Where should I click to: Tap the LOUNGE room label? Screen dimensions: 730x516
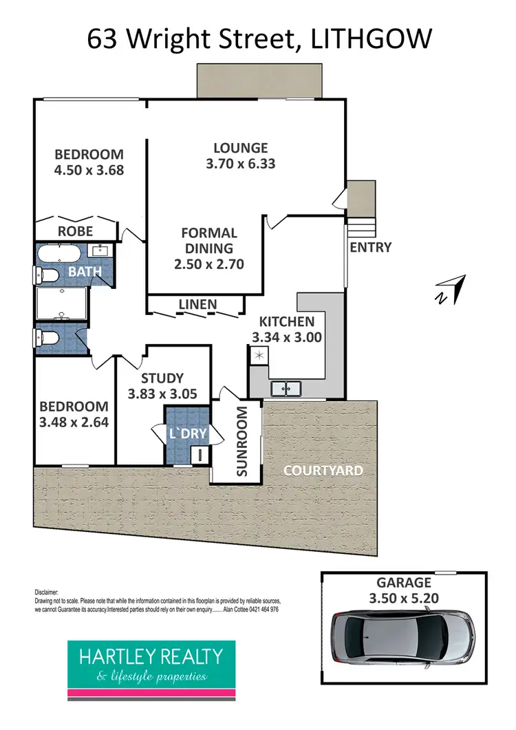point(240,148)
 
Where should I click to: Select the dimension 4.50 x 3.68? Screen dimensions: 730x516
point(89,170)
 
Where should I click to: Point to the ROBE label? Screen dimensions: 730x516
point(76,231)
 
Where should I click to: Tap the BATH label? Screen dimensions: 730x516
point(85,272)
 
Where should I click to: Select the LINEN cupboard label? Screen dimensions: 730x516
point(197,304)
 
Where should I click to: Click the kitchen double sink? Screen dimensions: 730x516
point(286,389)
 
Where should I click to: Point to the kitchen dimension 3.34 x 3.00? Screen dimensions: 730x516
point(287,338)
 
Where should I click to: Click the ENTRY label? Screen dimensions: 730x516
point(370,248)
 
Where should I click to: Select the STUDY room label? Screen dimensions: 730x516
point(162,378)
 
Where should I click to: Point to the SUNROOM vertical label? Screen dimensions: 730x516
point(241,441)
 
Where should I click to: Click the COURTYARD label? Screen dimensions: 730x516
point(323,471)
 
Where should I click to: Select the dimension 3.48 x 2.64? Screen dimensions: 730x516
point(73,422)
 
